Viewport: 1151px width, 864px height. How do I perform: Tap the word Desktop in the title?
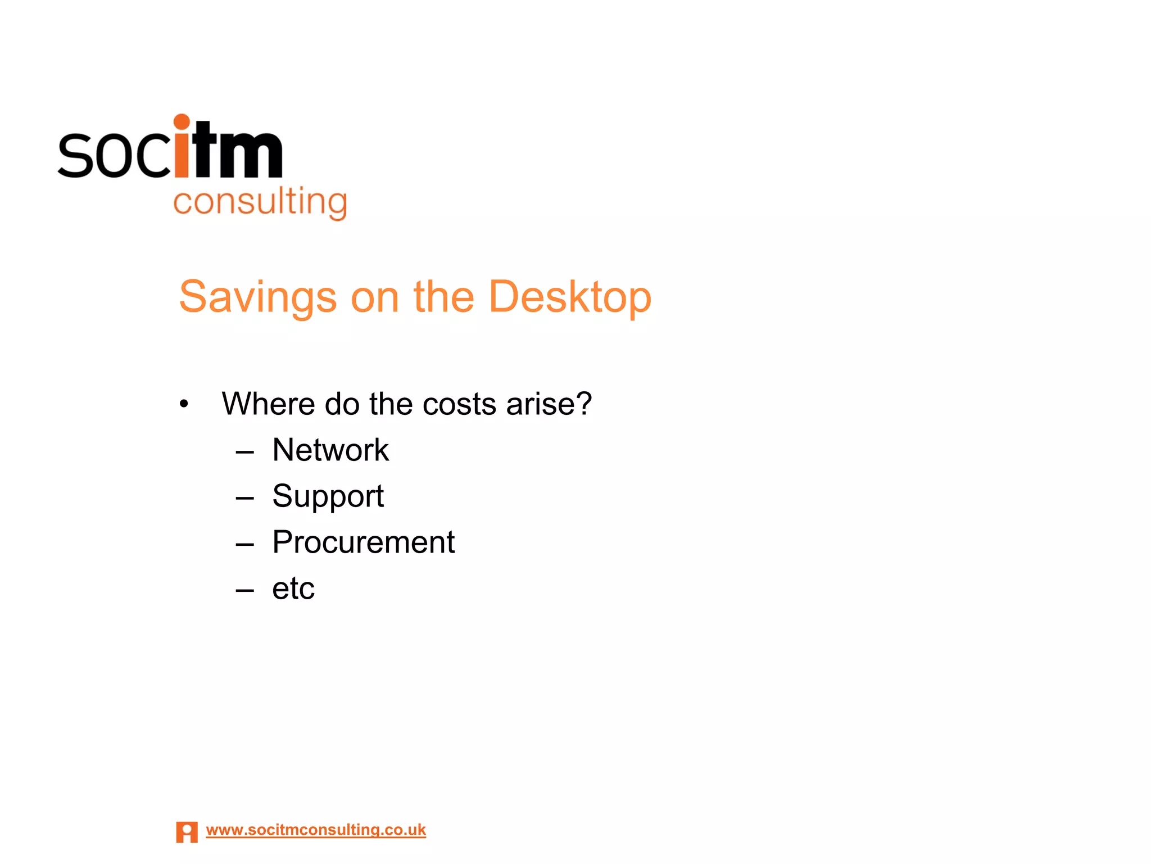pyautogui.click(x=569, y=297)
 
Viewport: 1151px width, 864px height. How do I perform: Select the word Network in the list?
pyautogui.click(x=330, y=450)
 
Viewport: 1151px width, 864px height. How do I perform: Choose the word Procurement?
pyautogui.click(x=363, y=542)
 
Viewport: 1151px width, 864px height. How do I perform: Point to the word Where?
pyautogui.click(x=268, y=404)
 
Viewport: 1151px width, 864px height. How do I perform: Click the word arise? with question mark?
pyautogui.click(x=549, y=404)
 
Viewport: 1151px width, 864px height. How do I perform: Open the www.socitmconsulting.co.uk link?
pyautogui.click(x=316, y=830)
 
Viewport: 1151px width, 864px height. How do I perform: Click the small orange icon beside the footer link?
pyautogui.click(x=187, y=832)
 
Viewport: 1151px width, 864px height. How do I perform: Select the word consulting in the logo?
pyautogui.click(x=260, y=202)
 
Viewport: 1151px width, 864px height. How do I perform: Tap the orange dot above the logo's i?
pyautogui.click(x=182, y=121)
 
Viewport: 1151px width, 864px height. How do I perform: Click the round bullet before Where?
pyautogui.click(x=184, y=404)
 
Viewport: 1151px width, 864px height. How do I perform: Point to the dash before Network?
pyautogui.click(x=245, y=452)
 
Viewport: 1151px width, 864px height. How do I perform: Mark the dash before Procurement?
pyautogui.click(x=245, y=544)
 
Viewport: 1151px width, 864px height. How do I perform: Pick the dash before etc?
pyautogui.click(x=245, y=590)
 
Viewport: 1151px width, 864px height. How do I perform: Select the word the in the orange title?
pyautogui.click(x=443, y=297)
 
